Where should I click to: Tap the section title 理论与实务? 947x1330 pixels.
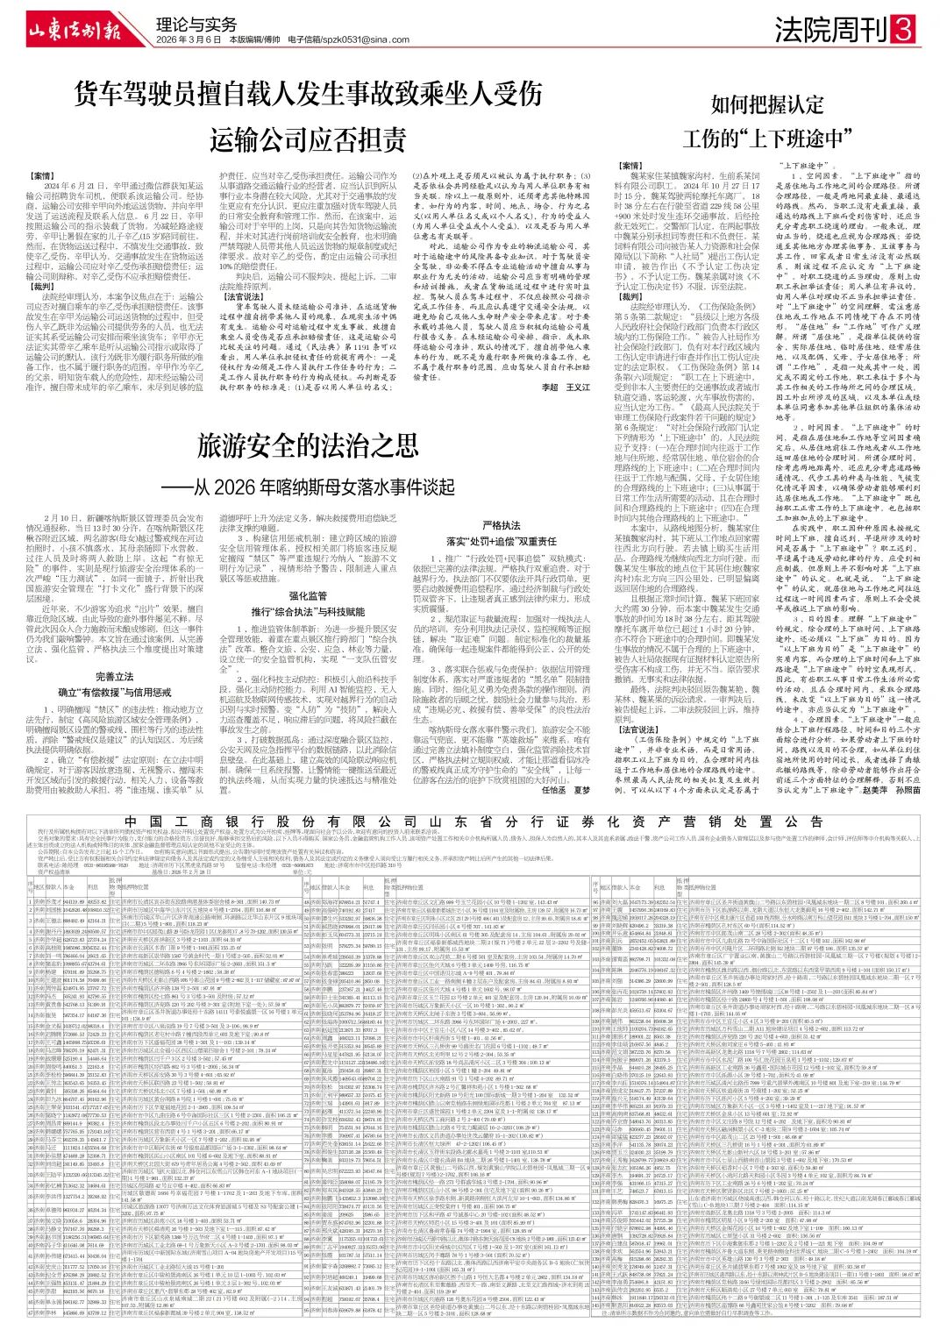tap(196, 25)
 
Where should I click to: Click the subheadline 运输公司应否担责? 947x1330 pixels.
tap(309, 139)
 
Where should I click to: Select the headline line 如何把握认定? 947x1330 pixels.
tap(768, 104)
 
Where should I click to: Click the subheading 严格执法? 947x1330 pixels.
tap(502, 525)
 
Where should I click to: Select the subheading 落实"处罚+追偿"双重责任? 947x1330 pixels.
tap(502, 541)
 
